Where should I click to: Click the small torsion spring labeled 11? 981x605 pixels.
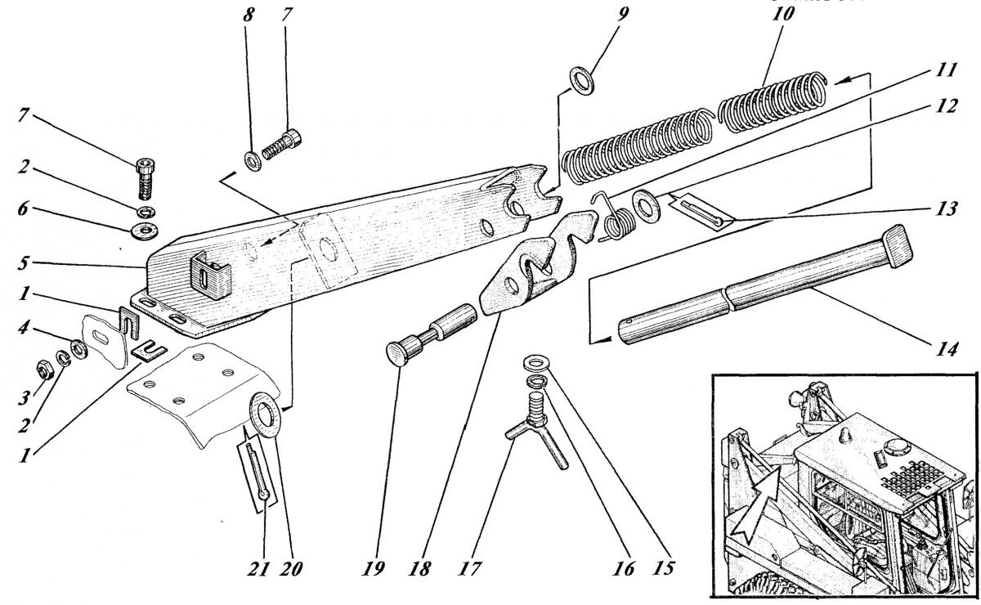620,217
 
